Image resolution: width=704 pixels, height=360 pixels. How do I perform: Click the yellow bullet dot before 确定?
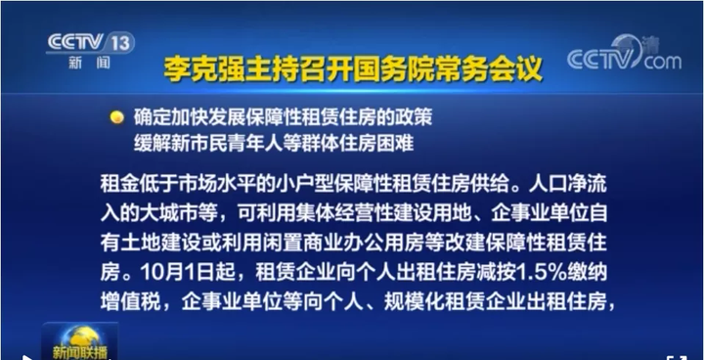pos(116,116)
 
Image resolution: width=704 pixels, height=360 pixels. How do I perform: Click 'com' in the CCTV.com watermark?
pos(662,62)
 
